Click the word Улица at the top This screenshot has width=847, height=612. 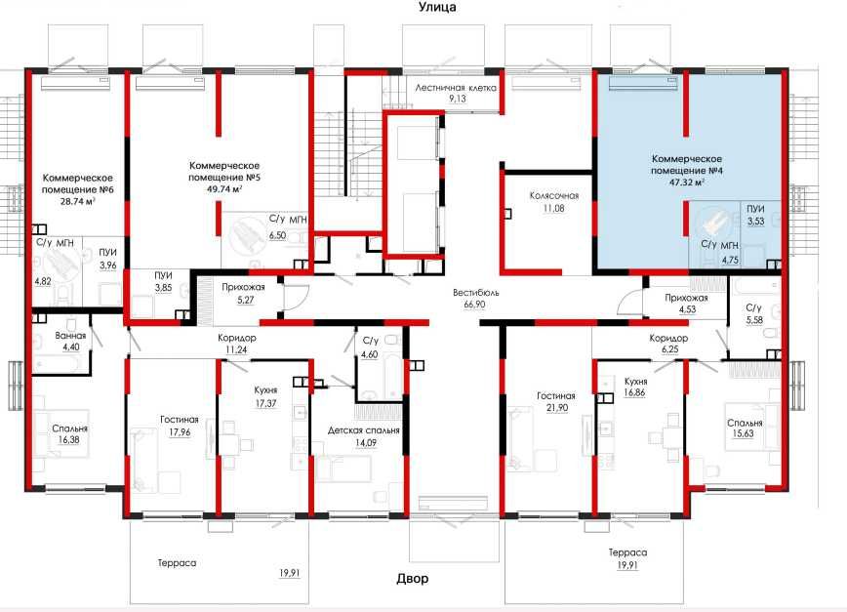pos(437,7)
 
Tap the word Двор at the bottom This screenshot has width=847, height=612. pos(413,579)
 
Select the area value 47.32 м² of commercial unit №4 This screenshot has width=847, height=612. pos(686,182)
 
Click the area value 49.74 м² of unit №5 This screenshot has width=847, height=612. pos(223,188)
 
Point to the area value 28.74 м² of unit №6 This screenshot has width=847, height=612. pos(77,201)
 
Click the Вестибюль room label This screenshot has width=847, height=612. pos(476,293)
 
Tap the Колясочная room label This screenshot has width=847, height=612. pos(554,195)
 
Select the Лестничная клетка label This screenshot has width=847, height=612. pos(456,88)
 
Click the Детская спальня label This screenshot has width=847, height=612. pos(364,430)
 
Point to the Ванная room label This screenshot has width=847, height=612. pos(70,336)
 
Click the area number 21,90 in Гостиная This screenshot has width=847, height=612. pos(557,408)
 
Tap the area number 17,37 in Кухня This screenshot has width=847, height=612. pos(265,403)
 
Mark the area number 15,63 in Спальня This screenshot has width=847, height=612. pos(744,433)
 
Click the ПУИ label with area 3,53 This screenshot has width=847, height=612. pos(755,209)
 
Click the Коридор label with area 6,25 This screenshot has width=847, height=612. pos(668,338)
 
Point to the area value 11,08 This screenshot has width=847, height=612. pos(554,208)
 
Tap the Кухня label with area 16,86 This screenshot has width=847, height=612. pos(635,381)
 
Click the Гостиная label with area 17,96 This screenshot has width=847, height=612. pos(180,419)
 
